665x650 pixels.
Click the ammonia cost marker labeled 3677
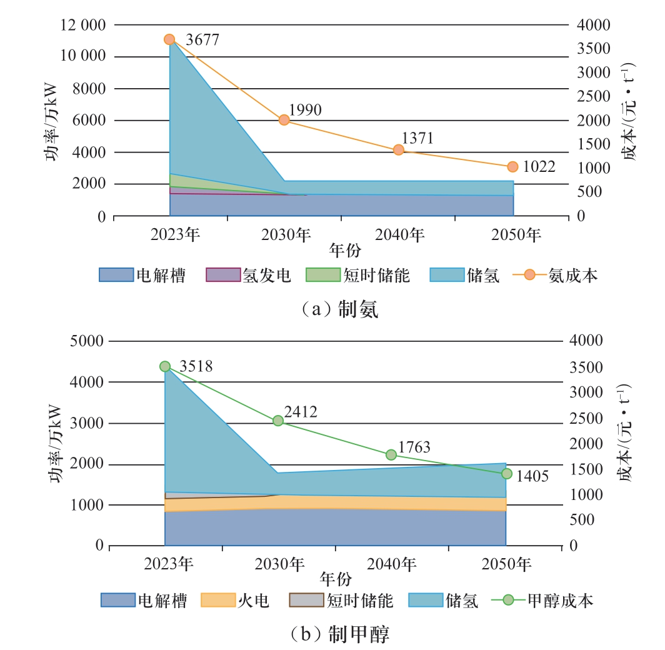(x=169, y=39)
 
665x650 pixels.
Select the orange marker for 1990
(x=284, y=120)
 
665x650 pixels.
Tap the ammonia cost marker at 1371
(x=398, y=150)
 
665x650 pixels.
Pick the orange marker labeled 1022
(x=512, y=167)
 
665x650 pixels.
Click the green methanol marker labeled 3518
(x=165, y=366)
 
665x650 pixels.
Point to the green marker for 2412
(x=278, y=421)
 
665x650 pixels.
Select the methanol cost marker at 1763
(x=391, y=454)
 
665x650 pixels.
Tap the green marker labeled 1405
(x=506, y=474)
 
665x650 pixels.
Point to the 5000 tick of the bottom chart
(x=89, y=341)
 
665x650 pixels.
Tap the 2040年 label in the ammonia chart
(x=399, y=235)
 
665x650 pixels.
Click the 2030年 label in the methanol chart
(x=279, y=564)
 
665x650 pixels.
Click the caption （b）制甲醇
(x=332, y=635)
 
